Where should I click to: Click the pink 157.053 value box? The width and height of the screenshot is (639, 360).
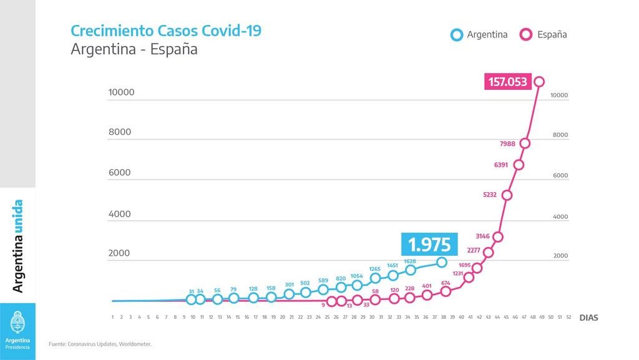coord(508,82)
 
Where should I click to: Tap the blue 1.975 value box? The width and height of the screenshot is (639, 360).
coord(429,245)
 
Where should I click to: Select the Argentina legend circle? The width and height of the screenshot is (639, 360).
coord(457,34)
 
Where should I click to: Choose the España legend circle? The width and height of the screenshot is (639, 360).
coord(525,34)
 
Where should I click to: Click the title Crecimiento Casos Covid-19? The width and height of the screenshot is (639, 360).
coord(166,31)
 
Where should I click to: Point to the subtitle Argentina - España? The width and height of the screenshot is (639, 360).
coord(134,49)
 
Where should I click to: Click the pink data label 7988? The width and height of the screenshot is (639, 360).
coord(507,144)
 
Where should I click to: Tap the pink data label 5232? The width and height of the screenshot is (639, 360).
coord(490,195)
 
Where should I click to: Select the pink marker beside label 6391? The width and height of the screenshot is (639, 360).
coord(519,165)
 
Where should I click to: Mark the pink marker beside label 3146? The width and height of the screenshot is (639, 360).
coord(497,236)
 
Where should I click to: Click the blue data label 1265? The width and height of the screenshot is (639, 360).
coord(374,269)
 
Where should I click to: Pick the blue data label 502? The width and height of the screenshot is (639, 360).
coord(305,283)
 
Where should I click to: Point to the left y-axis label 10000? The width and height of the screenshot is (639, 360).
coord(121,92)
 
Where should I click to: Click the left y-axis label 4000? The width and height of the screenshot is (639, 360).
coord(119,214)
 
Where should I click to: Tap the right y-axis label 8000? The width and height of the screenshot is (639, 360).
coord(560,135)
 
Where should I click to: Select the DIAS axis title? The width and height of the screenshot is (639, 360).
coord(589,318)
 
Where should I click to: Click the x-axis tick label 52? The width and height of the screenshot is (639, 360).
coord(568,317)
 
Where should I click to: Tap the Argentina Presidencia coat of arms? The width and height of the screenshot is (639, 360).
coord(17,322)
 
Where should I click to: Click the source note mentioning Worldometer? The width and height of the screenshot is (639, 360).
coord(100,344)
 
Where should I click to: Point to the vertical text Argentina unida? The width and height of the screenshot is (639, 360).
coord(17,246)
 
